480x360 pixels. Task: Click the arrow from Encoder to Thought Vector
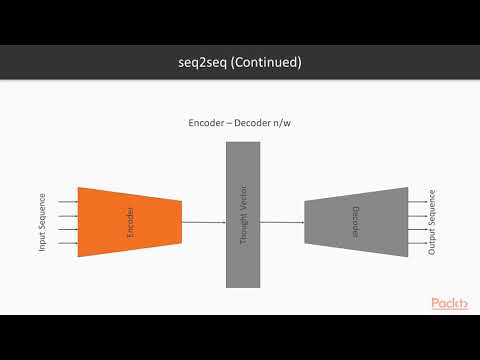click(204, 222)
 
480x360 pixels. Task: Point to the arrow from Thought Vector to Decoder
click(282, 222)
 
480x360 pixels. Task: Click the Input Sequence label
click(42, 222)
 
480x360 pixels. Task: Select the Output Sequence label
click(432, 222)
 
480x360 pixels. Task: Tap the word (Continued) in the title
click(266, 63)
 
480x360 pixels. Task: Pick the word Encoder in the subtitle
click(209, 123)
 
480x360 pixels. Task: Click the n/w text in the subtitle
click(295, 123)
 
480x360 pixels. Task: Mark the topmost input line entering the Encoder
click(68, 203)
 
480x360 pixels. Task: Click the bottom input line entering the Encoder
click(68, 241)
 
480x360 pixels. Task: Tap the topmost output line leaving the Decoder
click(417, 203)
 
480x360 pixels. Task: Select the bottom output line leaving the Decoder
click(417, 241)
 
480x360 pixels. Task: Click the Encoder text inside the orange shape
click(130, 222)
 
